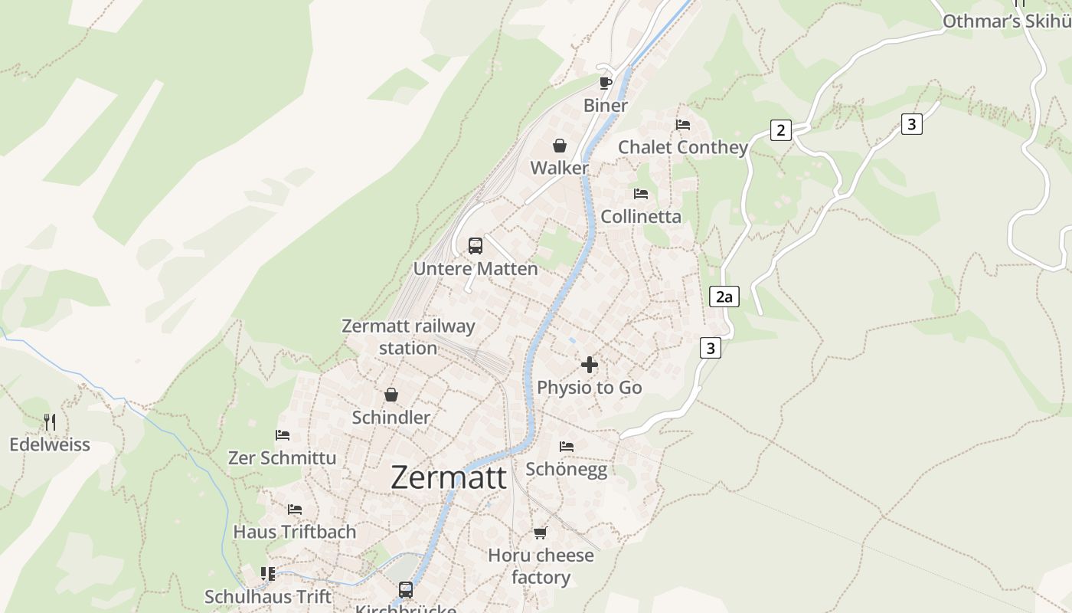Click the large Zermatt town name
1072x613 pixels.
pos(449,477)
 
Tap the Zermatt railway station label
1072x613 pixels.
pos(408,337)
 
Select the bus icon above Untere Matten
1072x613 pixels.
pos(476,246)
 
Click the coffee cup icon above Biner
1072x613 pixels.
pos(606,83)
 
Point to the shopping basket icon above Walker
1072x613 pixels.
pos(560,146)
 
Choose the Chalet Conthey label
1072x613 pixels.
pos(682,147)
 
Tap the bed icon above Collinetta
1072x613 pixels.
pos(641,194)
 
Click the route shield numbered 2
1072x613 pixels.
pos(780,130)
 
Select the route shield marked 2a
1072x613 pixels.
pos(724,297)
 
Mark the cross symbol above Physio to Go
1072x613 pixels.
pos(590,365)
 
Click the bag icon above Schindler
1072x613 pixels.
pos(391,395)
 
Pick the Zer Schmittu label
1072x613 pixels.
pos(283,457)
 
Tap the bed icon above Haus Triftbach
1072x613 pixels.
pos(295,510)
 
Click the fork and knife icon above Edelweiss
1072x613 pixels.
pos(50,421)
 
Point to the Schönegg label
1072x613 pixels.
pos(567,469)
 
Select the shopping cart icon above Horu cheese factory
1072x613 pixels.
pos(541,533)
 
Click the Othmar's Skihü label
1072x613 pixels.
pos(1006,21)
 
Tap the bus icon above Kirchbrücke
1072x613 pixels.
pos(406,590)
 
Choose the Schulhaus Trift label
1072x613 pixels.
pos(268,596)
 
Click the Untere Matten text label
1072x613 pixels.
pos(476,269)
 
